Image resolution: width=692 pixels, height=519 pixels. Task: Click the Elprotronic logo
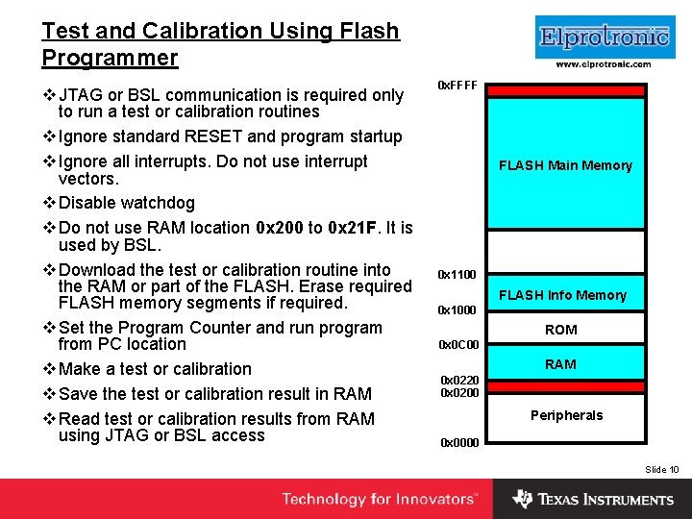click(603, 37)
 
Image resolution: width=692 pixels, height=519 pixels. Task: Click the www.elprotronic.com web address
click(603, 64)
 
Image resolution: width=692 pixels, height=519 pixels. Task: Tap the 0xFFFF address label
click(457, 86)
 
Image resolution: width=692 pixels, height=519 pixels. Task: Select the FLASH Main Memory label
click(565, 165)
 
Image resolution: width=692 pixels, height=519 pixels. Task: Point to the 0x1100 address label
click(457, 275)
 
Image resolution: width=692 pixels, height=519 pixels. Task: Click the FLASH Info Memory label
click(562, 295)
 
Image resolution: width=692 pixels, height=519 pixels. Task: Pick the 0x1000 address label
click(457, 310)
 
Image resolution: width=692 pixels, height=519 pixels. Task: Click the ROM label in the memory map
click(561, 330)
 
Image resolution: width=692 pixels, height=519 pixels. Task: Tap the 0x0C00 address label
click(457, 345)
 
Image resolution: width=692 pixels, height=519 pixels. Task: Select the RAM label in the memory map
click(561, 364)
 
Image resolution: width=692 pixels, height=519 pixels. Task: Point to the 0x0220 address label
click(459, 381)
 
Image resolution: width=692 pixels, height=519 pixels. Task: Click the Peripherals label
click(566, 415)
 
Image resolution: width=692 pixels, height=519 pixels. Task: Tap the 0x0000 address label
click(458, 443)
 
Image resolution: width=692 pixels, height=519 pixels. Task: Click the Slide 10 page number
click(661, 469)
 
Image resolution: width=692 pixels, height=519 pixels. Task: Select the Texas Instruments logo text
click(605, 500)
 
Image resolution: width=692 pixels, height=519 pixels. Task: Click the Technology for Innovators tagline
click(379, 499)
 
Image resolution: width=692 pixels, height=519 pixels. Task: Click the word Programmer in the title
click(110, 58)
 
